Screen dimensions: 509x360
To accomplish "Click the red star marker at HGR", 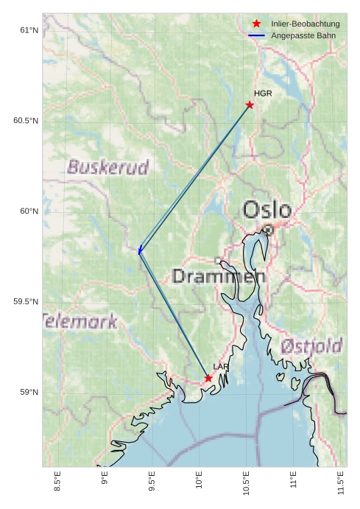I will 250,105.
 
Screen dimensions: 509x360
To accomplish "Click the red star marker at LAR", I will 208,378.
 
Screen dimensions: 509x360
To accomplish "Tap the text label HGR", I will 263,94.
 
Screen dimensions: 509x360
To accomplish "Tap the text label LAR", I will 221,366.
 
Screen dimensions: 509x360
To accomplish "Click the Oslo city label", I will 267,211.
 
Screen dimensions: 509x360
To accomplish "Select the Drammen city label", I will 218,277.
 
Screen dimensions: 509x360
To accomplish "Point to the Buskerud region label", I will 108,167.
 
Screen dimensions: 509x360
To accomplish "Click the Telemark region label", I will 80,321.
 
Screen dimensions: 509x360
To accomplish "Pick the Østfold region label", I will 312,346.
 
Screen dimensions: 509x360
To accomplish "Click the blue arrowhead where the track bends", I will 139,251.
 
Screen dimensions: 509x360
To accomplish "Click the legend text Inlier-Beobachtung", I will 305,24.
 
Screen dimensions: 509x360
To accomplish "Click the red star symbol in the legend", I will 256,24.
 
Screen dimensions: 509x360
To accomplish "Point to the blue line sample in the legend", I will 256,35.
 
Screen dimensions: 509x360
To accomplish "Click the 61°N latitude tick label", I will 28,30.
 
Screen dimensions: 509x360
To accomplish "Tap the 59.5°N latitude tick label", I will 25,302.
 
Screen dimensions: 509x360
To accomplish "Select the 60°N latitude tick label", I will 28,211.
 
